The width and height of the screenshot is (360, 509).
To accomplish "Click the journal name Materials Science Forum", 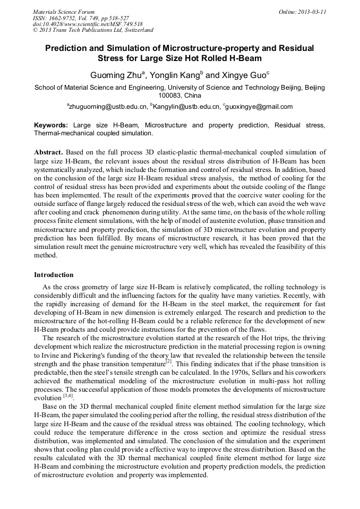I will click(x=64, y=12).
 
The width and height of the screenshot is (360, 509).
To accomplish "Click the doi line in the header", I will click(x=88, y=24).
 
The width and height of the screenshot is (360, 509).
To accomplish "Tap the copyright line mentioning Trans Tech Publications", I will click(x=93, y=30).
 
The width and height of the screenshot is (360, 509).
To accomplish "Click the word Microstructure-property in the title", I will click(x=204, y=48).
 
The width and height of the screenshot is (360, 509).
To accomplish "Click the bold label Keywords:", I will click(x=51, y=125).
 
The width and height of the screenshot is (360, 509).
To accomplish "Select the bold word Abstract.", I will click(x=48, y=152).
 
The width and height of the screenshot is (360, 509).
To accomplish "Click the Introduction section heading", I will click(x=54, y=275).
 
